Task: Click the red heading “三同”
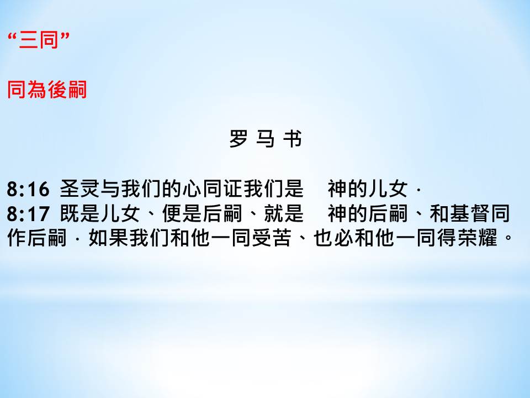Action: pos(39,40)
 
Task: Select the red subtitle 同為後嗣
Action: pos(47,90)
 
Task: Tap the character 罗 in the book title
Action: pos(239,139)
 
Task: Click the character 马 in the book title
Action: pos(266,139)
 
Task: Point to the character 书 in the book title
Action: pos(293,139)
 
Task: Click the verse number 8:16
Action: pos(28,189)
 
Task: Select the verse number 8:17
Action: pos(28,214)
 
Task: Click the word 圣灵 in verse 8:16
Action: pos(79,189)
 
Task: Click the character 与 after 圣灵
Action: pos(110,189)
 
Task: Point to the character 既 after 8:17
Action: pos(70,213)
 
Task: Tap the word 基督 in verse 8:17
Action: pos(469,213)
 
